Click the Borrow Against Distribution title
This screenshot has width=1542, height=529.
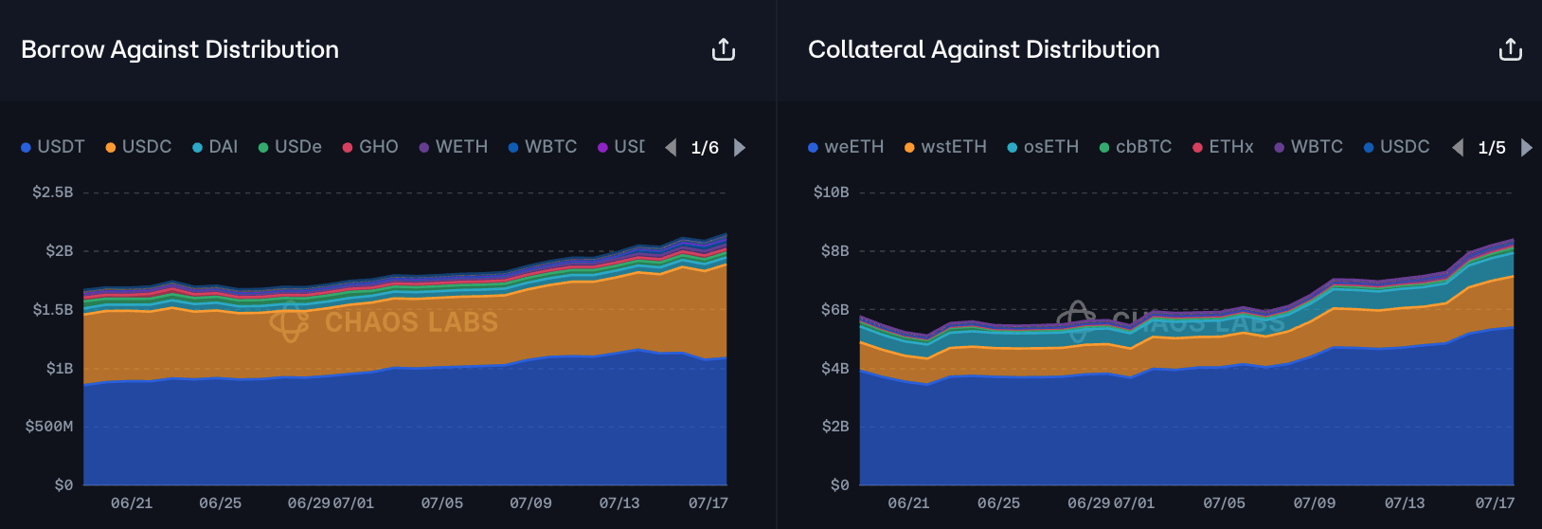click(180, 49)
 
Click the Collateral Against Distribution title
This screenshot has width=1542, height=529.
click(983, 49)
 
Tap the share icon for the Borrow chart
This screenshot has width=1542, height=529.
click(724, 49)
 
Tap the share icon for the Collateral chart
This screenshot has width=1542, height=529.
click(1511, 49)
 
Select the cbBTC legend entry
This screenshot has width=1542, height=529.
click(1136, 147)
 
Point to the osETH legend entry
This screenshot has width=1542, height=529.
click(1043, 147)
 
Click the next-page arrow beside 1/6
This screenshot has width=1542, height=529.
click(740, 147)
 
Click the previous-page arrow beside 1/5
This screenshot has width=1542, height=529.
click(1459, 147)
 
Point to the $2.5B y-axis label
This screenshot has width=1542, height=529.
click(53, 192)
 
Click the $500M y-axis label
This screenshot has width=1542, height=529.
click(49, 427)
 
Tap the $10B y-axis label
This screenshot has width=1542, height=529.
click(832, 192)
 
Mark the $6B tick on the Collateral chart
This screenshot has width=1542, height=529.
click(835, 310)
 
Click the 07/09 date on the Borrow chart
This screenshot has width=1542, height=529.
click(530, 503)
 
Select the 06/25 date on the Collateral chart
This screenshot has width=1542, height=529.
click(998, 503)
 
